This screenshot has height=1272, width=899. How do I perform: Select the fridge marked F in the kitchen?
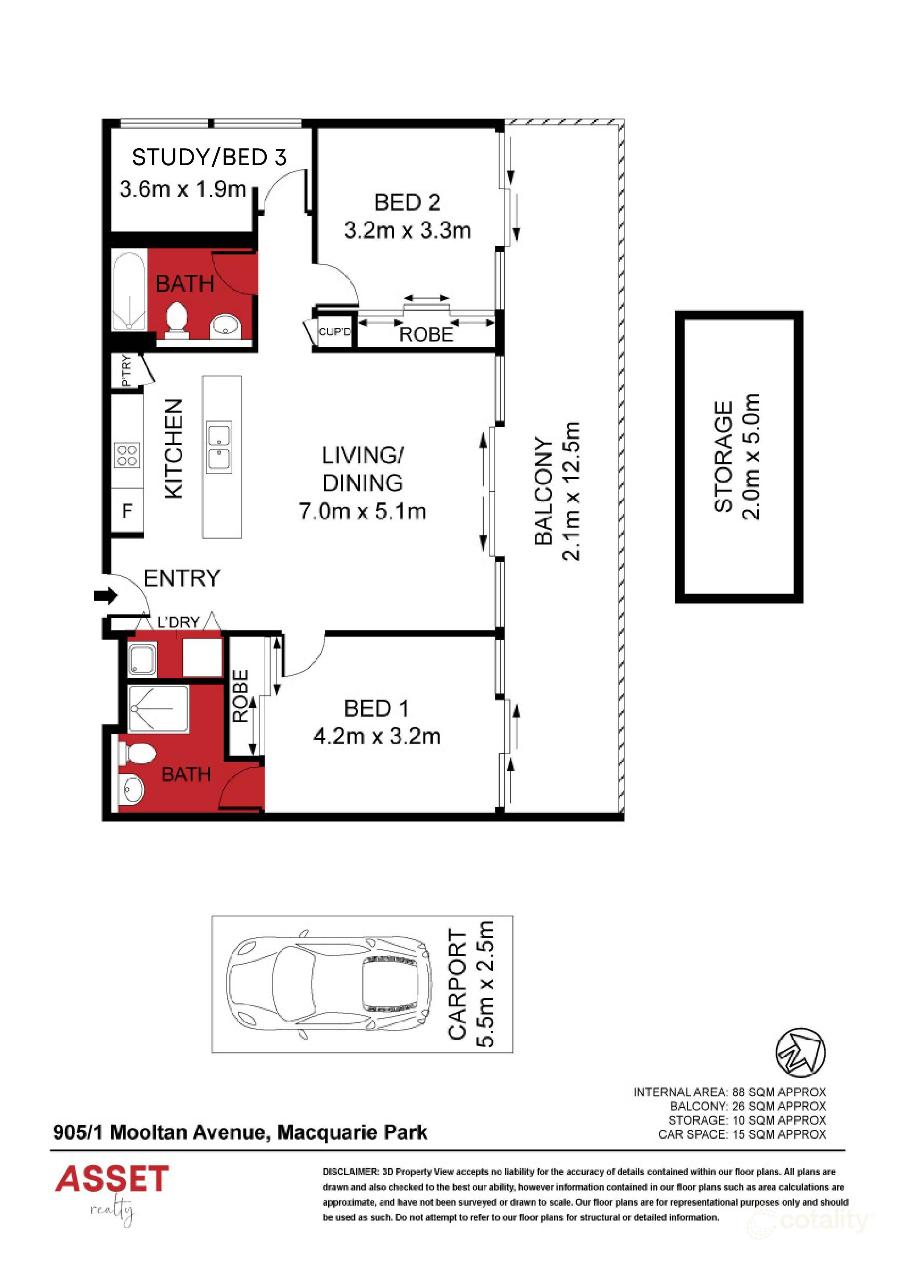[128, 510]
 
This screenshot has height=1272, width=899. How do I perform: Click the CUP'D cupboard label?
[334, 332]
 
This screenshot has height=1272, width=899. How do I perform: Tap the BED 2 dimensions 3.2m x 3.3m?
[407, 231]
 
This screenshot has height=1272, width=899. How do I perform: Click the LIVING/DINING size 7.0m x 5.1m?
[362, 511]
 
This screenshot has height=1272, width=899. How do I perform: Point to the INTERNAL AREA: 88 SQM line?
[729, 1092]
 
